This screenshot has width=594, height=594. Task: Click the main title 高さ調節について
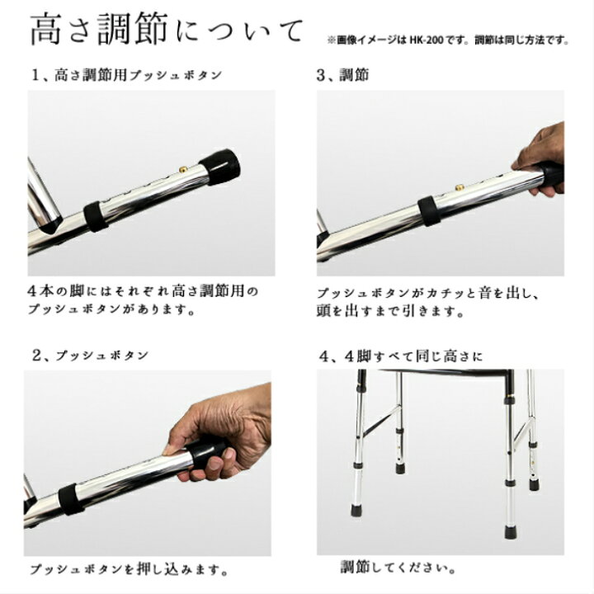(167, 28)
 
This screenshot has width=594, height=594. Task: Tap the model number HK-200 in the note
(427, 40)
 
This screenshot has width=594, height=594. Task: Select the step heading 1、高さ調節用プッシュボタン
(126, 75)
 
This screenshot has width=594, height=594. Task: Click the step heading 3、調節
(343, 75)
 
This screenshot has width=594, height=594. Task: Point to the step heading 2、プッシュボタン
(90, 356)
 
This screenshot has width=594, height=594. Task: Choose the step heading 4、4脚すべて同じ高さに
(401, 356)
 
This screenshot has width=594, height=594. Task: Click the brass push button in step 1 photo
(184, 169)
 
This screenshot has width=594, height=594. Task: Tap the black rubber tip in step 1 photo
(219, 167)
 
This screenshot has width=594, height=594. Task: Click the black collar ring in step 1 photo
(96, 216)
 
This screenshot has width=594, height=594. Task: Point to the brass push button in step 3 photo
(460, 187)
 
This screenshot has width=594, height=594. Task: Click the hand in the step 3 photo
(540, 159)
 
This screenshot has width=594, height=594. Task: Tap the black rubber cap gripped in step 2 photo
(206, 453)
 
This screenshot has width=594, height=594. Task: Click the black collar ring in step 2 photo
(71, 499)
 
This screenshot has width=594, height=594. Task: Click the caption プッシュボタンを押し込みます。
(129, 569)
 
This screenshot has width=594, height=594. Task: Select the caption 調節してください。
(398, 567)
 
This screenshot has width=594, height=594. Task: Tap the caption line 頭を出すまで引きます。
(390, 311)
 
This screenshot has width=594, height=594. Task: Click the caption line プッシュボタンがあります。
(112, 309)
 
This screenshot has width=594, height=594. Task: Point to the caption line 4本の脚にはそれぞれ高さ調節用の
(144, 291)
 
